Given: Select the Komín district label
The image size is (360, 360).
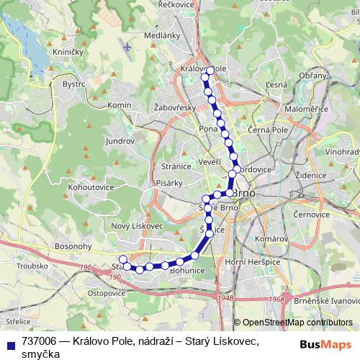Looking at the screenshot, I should (119, 105).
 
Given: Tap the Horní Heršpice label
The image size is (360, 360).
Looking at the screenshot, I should (252, 261).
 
